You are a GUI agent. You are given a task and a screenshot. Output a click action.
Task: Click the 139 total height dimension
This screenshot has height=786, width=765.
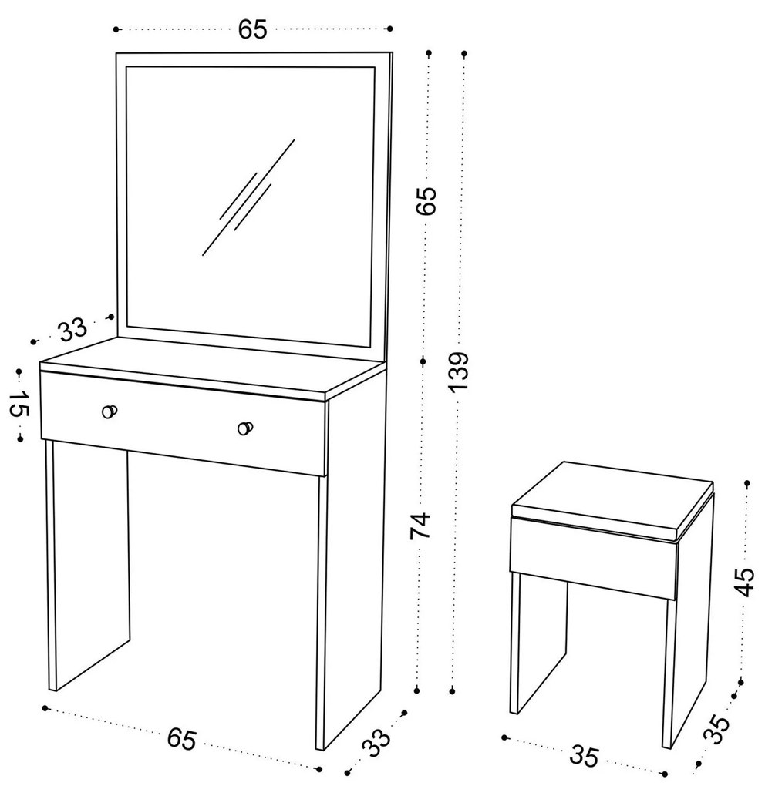point(460,371)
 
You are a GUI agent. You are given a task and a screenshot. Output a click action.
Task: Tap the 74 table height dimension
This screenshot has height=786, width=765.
point(420,525)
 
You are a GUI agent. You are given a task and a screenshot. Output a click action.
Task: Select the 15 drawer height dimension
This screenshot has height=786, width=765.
point(19,404)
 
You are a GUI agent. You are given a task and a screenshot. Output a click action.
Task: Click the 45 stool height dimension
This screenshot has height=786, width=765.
point(745,582)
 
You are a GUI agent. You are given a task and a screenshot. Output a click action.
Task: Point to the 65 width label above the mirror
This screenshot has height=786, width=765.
point(253,29)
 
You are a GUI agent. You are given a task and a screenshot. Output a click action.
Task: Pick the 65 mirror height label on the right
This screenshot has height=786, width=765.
point(427,201)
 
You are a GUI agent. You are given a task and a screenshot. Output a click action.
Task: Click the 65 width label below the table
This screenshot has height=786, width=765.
point(181,738)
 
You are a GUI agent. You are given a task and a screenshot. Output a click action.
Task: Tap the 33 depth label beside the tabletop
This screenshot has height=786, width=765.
point(72,329)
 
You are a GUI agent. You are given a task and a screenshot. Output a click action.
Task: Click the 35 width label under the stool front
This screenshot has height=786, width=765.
point(585,755)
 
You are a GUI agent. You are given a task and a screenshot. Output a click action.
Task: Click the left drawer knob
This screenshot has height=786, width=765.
point(109,411)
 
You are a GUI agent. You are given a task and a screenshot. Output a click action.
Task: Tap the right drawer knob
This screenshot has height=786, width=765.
point(244,428)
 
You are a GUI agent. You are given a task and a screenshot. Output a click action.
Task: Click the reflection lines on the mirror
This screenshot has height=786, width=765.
point(249,197)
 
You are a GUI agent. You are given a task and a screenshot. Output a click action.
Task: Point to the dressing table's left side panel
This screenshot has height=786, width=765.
point(90,566)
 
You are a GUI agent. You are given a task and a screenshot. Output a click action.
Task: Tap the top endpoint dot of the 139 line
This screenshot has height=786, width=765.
point(464,52)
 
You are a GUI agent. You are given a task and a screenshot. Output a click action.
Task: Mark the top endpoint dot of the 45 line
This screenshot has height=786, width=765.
point(747,483)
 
